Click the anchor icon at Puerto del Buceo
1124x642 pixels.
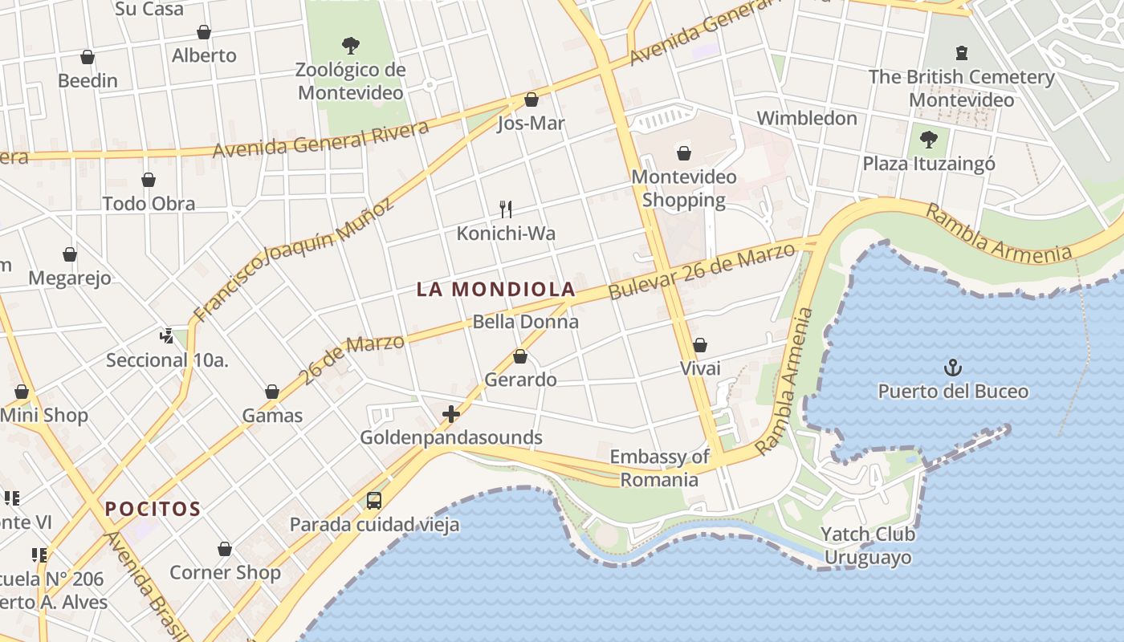tap(952, 368)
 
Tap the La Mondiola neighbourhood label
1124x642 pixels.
tap(496, 290)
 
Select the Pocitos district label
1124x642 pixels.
tap(153, 509)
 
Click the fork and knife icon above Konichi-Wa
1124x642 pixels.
tap(506, 209)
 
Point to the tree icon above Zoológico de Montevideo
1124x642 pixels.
tap(350, 45)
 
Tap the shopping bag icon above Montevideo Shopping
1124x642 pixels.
tap(684, 152)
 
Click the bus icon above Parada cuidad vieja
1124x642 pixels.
tap(373, 501)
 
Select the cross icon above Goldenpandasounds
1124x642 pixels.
tap(451, 414)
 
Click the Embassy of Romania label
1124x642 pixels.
tap(659, 468)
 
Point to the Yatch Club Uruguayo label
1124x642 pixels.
tap(867, 546)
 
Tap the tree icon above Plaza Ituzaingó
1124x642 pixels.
tap(929, 139)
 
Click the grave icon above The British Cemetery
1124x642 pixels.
tap(961, 54)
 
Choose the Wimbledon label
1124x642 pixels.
tap(807, 118)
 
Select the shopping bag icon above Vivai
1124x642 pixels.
tap(700, 345)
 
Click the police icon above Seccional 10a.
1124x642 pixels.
tap(167, 335)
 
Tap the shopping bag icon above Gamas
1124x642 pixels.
tap(272, 392)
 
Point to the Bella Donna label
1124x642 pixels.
tap(526, 322)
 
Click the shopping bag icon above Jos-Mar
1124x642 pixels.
tap(531, 100)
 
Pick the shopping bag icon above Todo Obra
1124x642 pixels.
tap(149, 180)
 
